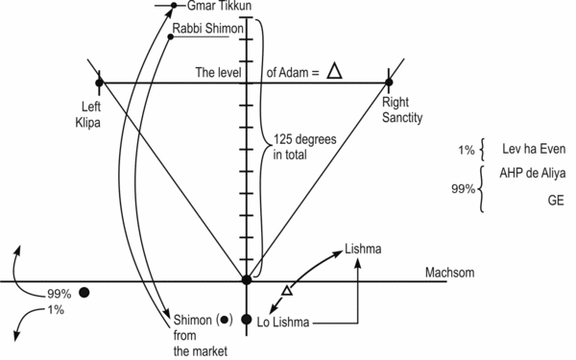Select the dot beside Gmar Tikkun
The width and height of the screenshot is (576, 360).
173,6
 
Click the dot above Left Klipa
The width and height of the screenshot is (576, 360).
100,83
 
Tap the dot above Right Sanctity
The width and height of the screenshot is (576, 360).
389,83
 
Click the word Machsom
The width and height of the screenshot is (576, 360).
451,273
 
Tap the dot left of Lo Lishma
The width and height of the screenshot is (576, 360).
247,320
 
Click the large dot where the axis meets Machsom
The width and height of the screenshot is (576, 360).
247,280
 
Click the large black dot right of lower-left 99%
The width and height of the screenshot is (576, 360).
84,292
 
